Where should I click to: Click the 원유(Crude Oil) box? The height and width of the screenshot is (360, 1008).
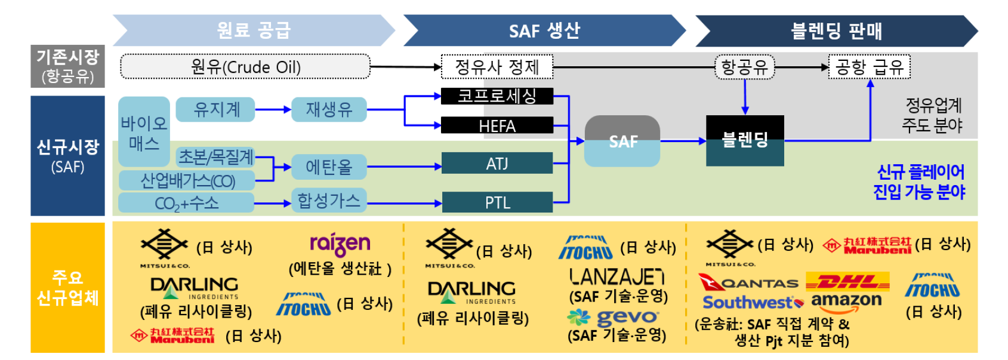pyautogui.click(x=245, y=67)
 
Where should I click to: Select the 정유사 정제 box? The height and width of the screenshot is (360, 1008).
pyautogui.click(x=497, y=66)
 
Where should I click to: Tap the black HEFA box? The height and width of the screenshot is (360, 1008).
pyautogui.click(x=497, y=125)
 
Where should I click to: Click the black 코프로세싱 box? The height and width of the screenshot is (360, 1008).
pyautogui.click(x=497, y=96)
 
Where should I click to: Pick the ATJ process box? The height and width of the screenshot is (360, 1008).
pyautogui.click(x=497, y=163)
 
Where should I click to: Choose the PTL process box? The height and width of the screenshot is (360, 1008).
pyautogui.click(x=497, y=202)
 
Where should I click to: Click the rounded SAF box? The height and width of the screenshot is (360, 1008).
pyautogui.click(x=622, y=141)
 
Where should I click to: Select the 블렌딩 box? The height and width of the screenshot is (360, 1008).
pyautogui.click(x=744, y=140)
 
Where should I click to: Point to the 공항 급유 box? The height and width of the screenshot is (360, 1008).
pyautogui.click(x=869, y=67)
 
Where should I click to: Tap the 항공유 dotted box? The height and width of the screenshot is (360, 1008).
pyautogui.click(x=744, y=67)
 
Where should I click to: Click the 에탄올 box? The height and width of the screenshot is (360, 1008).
pyautogui.click(x=329, y=167)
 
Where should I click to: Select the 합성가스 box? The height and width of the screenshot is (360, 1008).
pyautogui.click(x=329, y=201)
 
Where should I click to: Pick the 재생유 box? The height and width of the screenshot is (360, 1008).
pyautogui.click(x=329, y=110)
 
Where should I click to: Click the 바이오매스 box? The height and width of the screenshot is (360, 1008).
pyautogui.click(x=144, y=132)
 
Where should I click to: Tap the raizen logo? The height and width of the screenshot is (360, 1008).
pyautogui.click(x=340, y=245)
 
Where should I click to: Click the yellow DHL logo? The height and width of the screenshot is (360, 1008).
pyautogui.click(x=847, y=281)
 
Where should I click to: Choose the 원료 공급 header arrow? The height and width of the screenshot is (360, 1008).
pyautogui.click(x=254, y=30)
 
